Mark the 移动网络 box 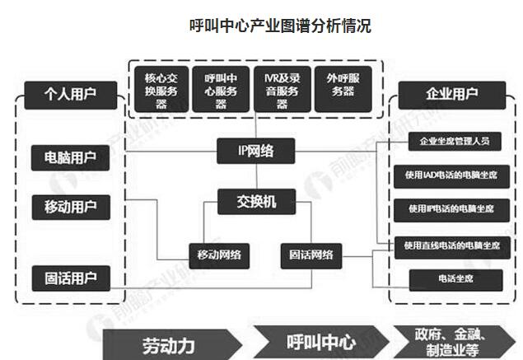pyautogui.click(x=218, y=254)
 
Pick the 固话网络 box pyautogui.click(x=311, y=254)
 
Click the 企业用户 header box pyautogui.click(x=449, y=94)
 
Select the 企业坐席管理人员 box pyautogui.click(x=448, y=141)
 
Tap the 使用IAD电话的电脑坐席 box pyautogui.click(x=448, y=175)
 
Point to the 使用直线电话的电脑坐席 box pyautogui.click(x=448, y=245)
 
